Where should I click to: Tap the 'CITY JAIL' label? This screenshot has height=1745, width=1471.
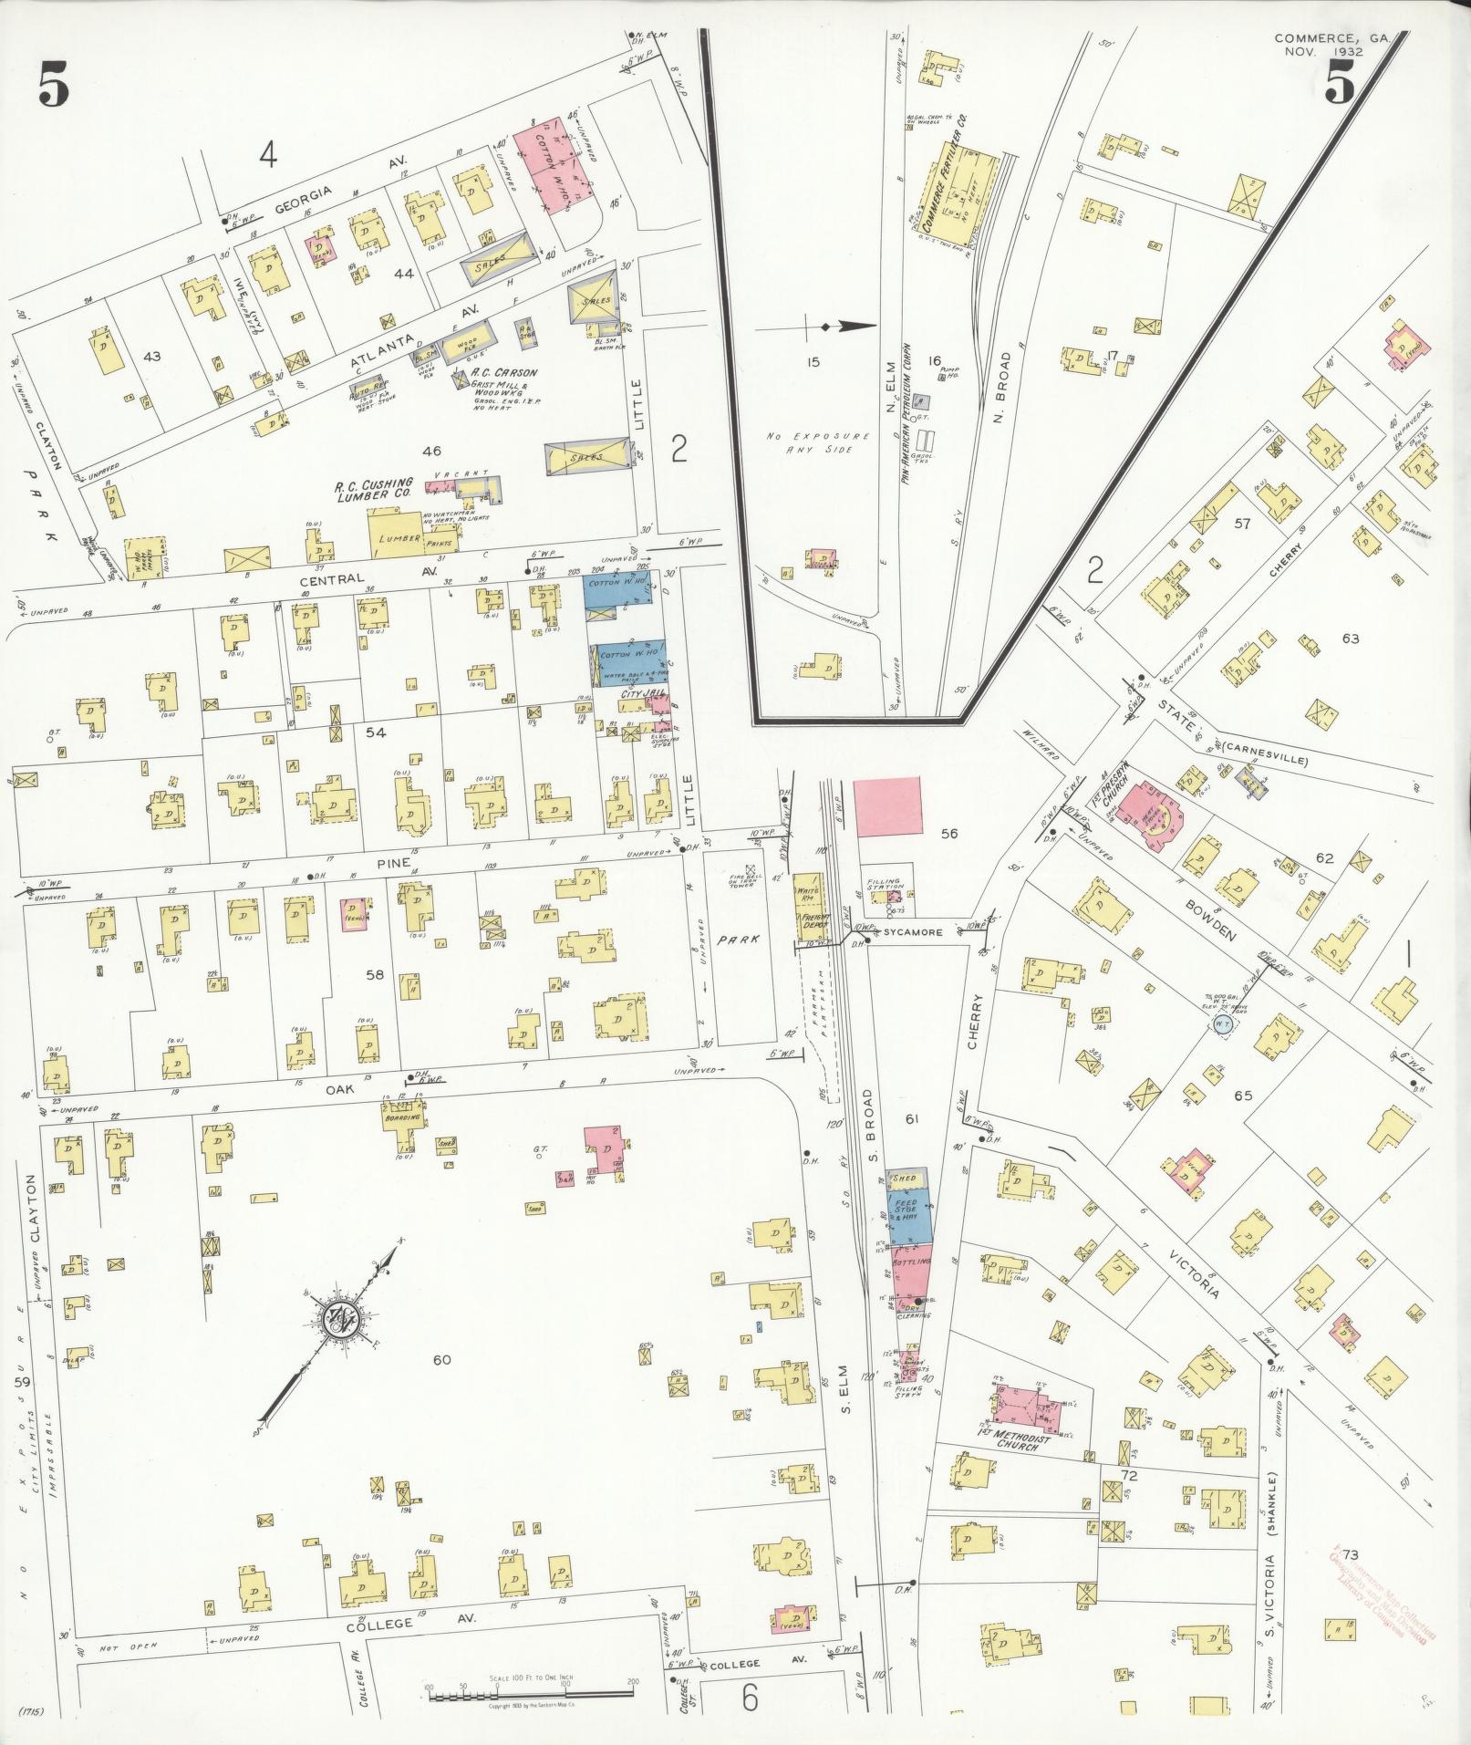point(639,694)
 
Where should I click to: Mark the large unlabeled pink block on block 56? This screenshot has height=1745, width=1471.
point(887,806)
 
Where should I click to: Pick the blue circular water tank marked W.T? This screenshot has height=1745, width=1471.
point(1223,1025)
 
